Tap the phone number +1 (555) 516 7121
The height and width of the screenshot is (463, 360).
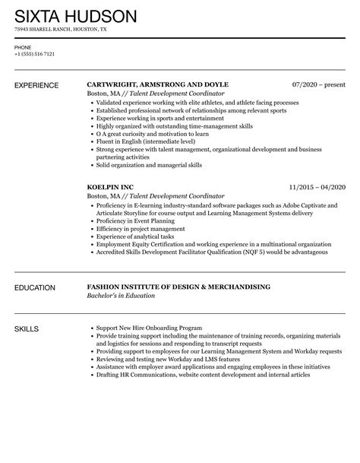coord(34,54)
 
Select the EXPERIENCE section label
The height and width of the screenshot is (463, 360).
coord(39,84)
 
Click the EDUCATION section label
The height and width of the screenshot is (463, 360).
coord(37,288)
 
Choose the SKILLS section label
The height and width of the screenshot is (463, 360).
coord(28,328)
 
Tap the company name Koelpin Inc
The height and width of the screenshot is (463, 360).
coord(116,186)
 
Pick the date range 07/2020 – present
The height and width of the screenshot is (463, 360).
coord(319,84)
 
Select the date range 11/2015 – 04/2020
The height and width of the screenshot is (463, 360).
coord(317,186)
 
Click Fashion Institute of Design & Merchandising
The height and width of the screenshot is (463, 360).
coord(178,287)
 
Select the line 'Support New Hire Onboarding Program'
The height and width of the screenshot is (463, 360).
coord(149,328)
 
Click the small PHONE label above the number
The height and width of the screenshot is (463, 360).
coord(23,47)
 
